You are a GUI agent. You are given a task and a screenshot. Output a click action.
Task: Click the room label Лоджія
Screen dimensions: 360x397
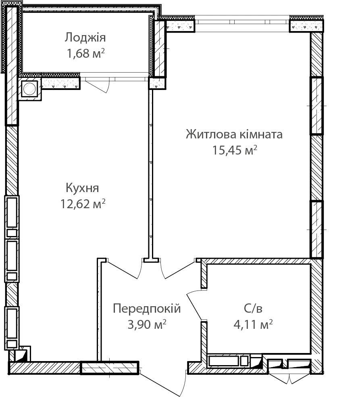pos(85,38)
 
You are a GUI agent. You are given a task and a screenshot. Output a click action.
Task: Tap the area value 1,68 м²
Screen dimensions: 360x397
pos(86,53)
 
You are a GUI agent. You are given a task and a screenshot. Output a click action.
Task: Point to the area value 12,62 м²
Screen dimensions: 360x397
pos(83,204)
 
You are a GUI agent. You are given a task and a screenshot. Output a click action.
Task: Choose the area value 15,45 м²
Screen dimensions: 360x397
pos(235,150)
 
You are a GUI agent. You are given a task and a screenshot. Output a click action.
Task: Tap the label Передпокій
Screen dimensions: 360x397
pos(147,309)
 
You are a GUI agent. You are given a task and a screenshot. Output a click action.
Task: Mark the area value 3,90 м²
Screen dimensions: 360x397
pos(147,324)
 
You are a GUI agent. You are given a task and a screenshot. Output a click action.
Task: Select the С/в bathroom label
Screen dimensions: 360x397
pos(253,309)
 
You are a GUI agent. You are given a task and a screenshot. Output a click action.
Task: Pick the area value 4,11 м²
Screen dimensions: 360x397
pos(253,324)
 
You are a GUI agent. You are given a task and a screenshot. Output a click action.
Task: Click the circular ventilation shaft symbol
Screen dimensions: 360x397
pos(29,88)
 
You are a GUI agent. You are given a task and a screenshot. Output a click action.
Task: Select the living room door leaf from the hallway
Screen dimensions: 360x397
pos(180,270)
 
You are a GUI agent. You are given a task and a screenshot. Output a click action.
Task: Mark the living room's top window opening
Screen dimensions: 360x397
pos(242,24)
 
